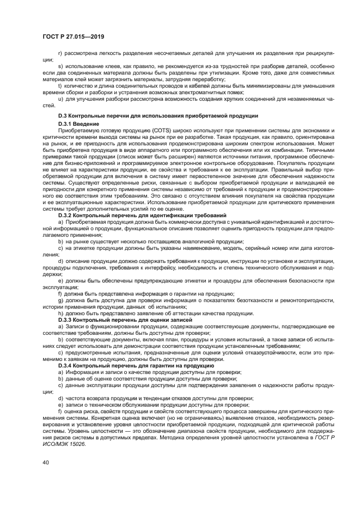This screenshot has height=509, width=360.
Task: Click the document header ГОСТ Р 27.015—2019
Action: (x=73, y=36)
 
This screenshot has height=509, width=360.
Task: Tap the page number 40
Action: (x=46, y=463)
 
